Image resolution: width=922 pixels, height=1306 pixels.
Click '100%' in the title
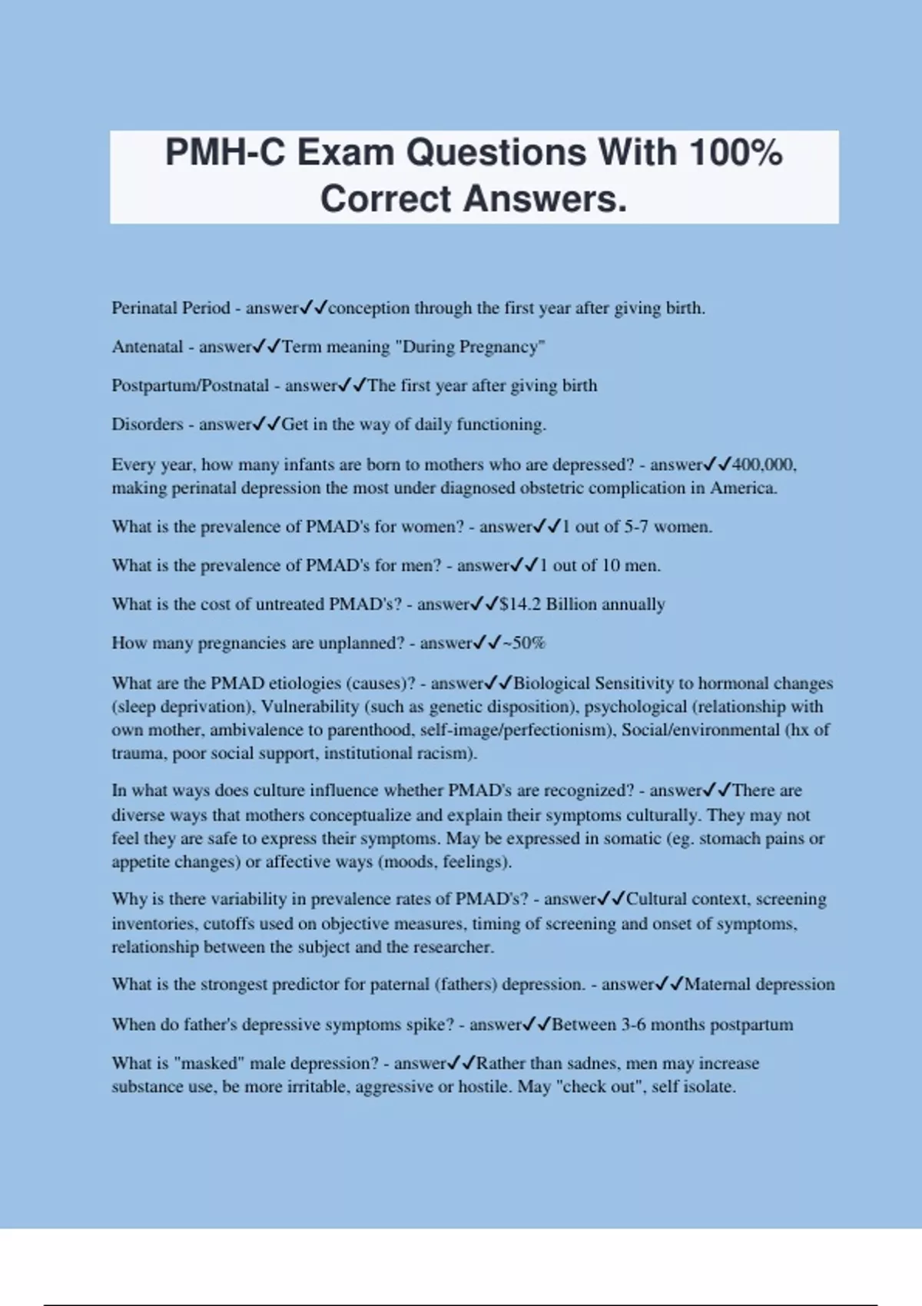tap(735, 152)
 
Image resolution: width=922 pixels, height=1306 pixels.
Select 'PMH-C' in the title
tap(225, 152)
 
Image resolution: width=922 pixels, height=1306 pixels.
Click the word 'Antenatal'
tap(148, 347)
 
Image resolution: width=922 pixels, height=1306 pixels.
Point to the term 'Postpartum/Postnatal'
tap(191, 386)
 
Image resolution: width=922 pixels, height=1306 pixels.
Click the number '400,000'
tap(763, 465)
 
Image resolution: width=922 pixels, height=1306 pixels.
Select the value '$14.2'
tap(520, 605)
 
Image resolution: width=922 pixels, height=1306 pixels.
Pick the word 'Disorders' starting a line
tap(148, 425)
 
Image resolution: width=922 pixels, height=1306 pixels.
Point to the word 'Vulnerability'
tap(310, 707)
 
